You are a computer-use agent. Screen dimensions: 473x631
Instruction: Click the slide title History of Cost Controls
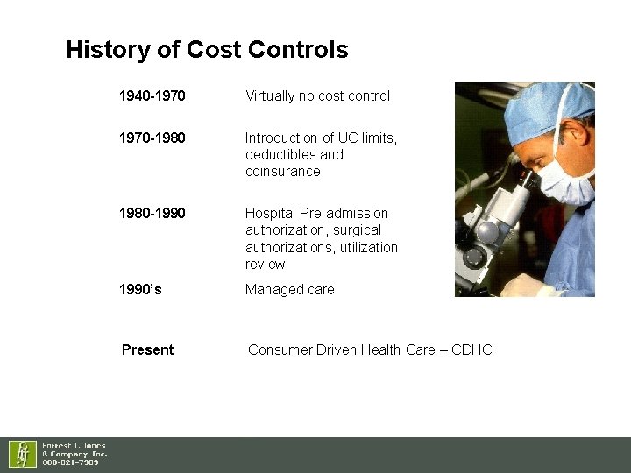[x=207, y=50]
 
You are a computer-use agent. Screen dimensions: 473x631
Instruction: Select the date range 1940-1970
[x=152, y=95]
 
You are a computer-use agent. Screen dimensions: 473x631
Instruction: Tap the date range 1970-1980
[x=152, y=138]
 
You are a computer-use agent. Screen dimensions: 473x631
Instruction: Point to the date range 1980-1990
[x=152, y=213]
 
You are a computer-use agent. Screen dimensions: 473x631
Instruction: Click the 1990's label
[x=140, y=289]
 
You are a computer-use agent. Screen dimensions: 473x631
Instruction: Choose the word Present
[x=147, y=349]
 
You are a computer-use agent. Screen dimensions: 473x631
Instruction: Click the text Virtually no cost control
[x=317, y=95]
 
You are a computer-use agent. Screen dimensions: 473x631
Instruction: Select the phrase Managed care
[x=289, y=289]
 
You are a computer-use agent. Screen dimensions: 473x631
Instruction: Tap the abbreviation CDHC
[x=471, y=349]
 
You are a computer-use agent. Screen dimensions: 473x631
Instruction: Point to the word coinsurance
[x=282, y=171]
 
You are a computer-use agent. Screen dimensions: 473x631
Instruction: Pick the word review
[x=265, y=264]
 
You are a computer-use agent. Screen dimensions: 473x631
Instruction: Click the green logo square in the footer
[x=22, y=454]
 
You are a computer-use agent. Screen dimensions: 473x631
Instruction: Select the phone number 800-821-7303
[x=71, y=462]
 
